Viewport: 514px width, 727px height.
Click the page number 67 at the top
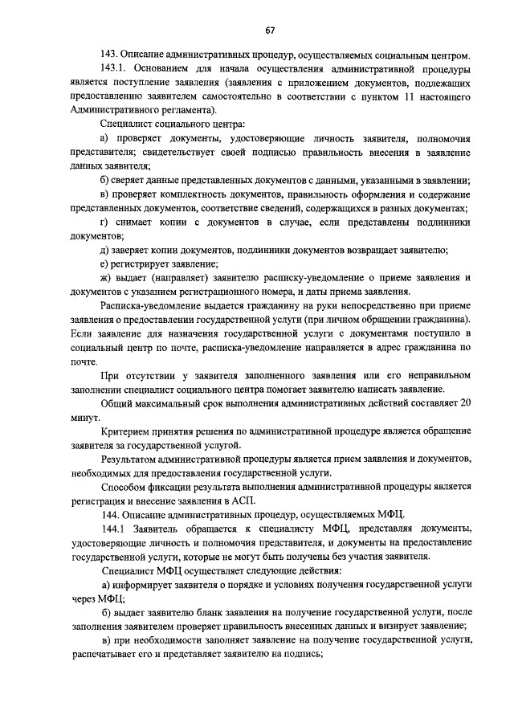(x=270, y=31)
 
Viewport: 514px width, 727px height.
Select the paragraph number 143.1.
(x=116, y=70)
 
